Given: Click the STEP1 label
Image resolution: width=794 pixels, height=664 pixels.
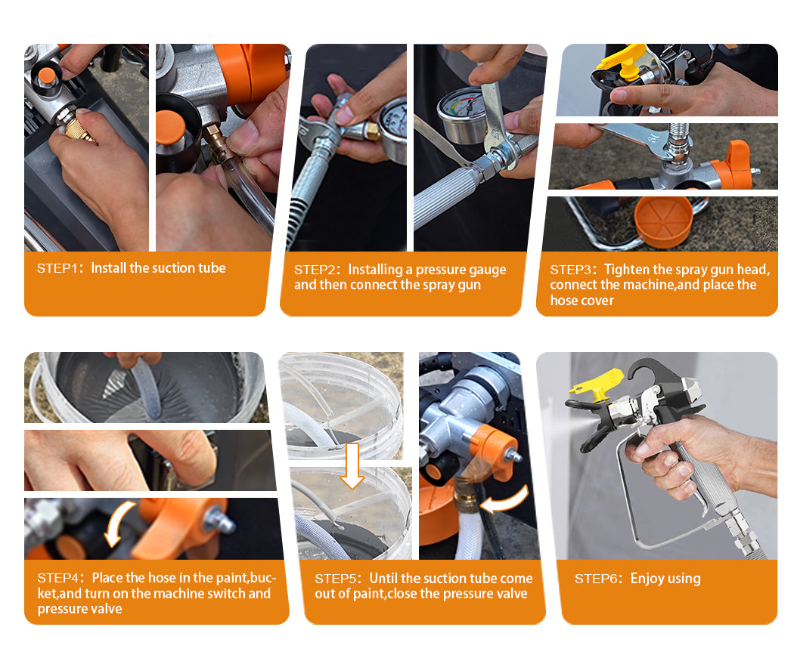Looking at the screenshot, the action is click(x=56, y=268).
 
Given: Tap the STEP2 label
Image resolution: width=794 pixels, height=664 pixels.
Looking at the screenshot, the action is click(x=314, y=270).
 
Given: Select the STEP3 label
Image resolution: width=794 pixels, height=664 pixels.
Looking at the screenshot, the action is click(x=569, y=270).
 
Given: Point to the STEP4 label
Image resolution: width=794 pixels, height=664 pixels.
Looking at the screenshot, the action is click(x=57, y=578).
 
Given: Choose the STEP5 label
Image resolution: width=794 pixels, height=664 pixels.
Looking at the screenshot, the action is click(x=335, y=579).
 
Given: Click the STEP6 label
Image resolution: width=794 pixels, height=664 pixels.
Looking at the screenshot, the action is click(x=594, y=579).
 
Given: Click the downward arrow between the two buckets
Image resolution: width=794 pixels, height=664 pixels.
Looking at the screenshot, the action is click(x=352, y=465).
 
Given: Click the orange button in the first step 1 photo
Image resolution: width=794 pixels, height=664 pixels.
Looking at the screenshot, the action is click(x=47, y=76).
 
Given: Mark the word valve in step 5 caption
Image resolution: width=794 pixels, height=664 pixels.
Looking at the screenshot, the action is click(x=511, y=594).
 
